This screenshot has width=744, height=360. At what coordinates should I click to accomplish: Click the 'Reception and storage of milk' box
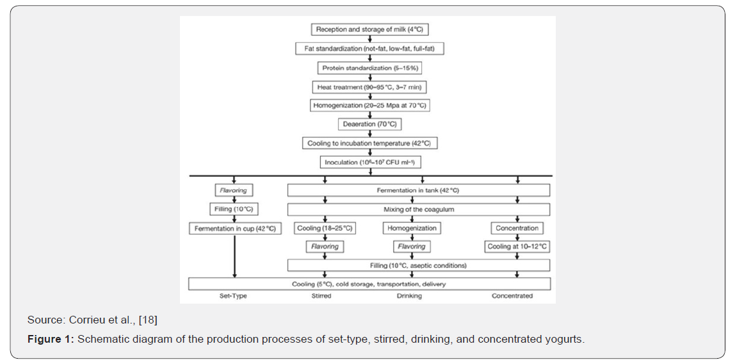(369, 29)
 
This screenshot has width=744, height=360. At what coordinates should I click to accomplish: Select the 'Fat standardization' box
(369, 49)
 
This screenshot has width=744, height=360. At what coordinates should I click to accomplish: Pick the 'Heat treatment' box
(370, 86)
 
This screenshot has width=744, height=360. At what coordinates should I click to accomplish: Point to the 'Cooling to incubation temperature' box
(369, 143)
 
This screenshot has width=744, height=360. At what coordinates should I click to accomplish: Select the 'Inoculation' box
(370, 162)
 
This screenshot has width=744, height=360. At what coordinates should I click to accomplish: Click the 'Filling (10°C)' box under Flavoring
(234, 209)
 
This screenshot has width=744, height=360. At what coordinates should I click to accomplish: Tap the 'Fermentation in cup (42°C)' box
(234, 229)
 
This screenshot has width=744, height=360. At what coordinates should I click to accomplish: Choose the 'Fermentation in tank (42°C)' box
(418, 190)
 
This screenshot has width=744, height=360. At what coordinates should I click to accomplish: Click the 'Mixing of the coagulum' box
(418, 209)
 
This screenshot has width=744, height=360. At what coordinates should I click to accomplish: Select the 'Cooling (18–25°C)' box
(325, 228)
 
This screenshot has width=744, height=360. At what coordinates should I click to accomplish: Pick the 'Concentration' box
(517, 228)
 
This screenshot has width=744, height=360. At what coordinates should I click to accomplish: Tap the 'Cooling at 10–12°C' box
(517, 247)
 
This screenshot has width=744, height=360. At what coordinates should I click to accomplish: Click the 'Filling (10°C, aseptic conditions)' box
(418, 265)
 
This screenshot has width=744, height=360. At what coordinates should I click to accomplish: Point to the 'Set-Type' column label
(232, 297)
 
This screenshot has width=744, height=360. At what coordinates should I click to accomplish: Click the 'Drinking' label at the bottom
(410, 297)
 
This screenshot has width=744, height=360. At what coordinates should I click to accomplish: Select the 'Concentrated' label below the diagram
(512, 297)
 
